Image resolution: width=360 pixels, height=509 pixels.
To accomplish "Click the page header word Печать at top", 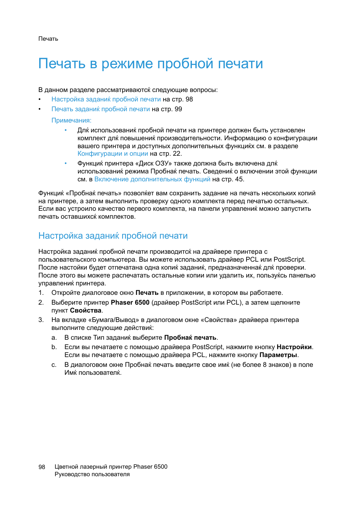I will pyautogui.click(x=48, y=39).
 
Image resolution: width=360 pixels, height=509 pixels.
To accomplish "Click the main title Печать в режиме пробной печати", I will pyautogui.click(x=150, y=64).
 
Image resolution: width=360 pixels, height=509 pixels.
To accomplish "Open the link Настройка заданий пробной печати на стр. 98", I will pyautogui.click(x=106, y=100).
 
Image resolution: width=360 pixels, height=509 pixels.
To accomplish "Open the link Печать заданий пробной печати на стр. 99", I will pyautogui.click(x=101, y=109).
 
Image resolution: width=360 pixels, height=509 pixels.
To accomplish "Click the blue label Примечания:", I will pyautogui.click(x=71, y=121).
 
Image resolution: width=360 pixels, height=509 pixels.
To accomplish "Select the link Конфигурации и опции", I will pyautogui.click(x=113, y=154).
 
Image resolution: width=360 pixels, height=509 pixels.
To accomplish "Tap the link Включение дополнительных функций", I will pyautogui.click(x=152, y=179).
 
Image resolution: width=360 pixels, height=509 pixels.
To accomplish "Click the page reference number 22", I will pyautogui.click(x=176, y=154).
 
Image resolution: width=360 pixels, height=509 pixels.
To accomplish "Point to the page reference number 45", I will pyautogui.click(x=239, y=179).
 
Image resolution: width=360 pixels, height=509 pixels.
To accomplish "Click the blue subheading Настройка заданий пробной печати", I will pyautogui.click(x=113, y=236).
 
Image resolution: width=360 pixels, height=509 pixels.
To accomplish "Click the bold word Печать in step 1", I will pyautogui.click(x=147, y=293).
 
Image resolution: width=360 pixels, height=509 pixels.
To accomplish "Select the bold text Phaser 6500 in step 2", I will pyautogui.click(x=130, y=303).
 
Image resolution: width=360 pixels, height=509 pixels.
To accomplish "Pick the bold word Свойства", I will pyautogui.click(x=86, y=311).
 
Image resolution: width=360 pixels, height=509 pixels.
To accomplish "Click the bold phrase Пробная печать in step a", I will pyautogui.click(x=190, y=338).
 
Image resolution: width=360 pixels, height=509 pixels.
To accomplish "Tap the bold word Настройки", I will pyautogui.click(x=294, y=347).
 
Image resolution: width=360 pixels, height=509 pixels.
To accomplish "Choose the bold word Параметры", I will pyautogui.click(x=278, y=355).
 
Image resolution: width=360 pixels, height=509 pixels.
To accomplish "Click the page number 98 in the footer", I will pyautogui.click(x=42, y=467).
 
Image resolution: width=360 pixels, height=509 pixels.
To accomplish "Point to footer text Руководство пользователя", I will pyautogui.click(x=92, y=475).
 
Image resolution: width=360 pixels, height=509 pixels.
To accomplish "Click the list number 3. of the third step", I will pyautogui.click(x=41, y=320).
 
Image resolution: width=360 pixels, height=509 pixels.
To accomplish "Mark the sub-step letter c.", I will pyautogui.click(x=54, y=365).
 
